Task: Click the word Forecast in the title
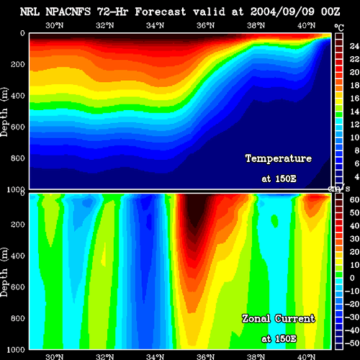(x=161, y=12)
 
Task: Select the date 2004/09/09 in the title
(x=282, y=12)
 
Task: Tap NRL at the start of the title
(x=30, y=12)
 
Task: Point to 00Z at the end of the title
(x=330, y=12)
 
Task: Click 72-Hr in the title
(x=112, y=12)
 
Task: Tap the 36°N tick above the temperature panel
(x=206, y=25)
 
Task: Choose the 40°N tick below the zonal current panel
(x=306, y=356)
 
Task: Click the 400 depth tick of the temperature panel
(x=18, y=96)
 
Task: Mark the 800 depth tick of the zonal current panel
(x=18, y=318)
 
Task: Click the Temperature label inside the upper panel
(x=279, y=158)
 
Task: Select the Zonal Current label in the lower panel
(x=279, y=319)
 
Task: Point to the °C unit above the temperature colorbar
(x=339, y=28)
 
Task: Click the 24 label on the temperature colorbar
(x=354, y=46)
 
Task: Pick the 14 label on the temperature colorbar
(x=354, y=111)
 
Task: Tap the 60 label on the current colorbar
(x=354, y=199)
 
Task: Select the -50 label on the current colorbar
(x=352, y=343)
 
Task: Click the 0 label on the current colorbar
(x=352, y=278)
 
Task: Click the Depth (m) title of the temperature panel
(x=4, y=112)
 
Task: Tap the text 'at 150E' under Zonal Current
(x=279, y=339)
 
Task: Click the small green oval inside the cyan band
(x=274, y=221)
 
